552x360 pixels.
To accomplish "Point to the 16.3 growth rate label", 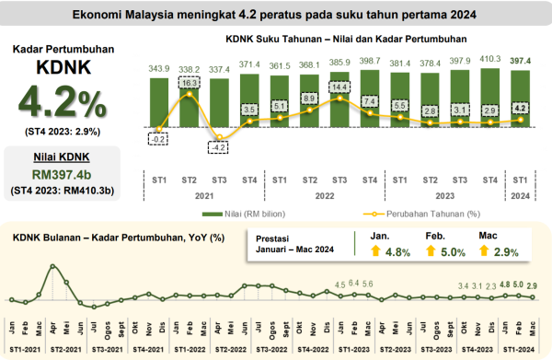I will click(x=189, y=82).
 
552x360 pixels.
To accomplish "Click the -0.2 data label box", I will click(x=158, y=139).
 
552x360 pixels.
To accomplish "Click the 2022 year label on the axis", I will click(x=324, y=195).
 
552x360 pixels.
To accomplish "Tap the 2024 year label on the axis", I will click(x=520, y=195).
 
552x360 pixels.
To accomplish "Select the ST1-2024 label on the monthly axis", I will click(x=519, y=351).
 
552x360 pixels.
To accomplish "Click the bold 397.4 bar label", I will click(x=520, y=59).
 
